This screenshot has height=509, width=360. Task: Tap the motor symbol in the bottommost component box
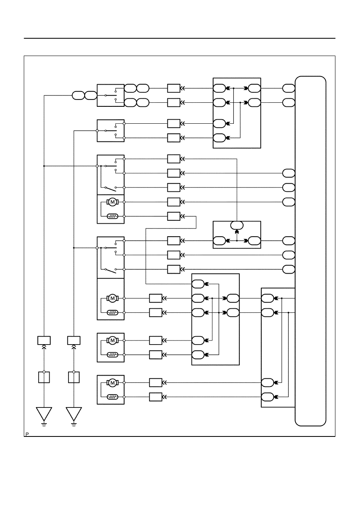(112, 382)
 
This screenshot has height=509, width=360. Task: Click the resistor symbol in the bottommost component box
(112, 397)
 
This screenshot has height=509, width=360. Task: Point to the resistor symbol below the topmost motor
(112, 216)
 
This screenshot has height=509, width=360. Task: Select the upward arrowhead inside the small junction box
(237, 233)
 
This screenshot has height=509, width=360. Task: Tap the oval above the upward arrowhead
(237, 225)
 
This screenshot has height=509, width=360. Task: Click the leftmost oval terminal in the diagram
(78, 96)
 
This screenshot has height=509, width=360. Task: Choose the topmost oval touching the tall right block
(289, 88)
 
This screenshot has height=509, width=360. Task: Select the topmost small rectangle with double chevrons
(174, 88)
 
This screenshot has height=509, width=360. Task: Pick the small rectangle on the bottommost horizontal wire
(156, 397)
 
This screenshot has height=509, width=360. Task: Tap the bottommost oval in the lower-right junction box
(267, 397)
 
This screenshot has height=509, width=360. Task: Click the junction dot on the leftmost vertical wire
(44, 166)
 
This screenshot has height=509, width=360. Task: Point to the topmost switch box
(110, 96)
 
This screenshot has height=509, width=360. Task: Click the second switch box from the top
(110, 131)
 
